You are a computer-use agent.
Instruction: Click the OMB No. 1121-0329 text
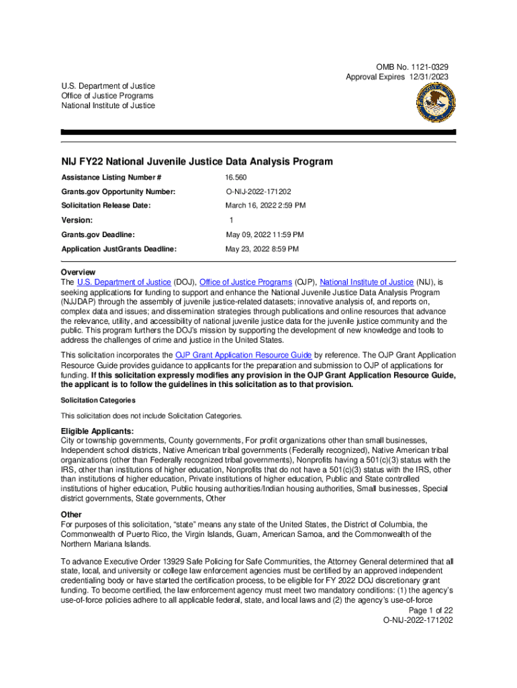(412, 67)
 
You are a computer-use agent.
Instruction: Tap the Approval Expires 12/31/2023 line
(397, 77)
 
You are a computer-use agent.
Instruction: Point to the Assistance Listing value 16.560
(237, 177)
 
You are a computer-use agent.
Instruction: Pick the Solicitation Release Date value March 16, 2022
(265, 206)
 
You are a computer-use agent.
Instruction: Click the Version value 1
(231, 220)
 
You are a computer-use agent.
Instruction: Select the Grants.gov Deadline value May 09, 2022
(265, 234)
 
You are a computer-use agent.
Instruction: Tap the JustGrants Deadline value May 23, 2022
(262, 249)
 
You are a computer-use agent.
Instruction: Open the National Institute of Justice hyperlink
(367, 282)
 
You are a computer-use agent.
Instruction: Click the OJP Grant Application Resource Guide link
(243, 355)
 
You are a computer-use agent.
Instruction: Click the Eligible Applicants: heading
(97, 431)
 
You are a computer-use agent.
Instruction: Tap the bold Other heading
(72, 515)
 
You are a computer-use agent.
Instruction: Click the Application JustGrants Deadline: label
(119, 249)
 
